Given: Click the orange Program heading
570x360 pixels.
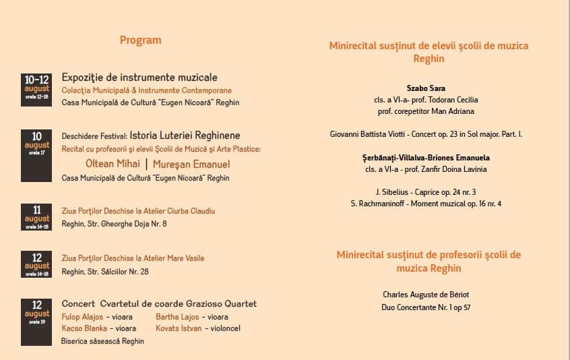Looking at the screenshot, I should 140,40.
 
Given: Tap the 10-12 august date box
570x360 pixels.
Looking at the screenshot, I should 36,89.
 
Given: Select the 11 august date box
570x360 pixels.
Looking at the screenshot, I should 36,218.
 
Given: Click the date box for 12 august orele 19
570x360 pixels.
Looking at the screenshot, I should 36,322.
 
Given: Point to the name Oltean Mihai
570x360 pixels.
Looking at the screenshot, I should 113,164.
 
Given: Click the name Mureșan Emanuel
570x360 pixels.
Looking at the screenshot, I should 191,164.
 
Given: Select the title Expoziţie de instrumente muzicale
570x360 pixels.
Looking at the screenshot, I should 139,78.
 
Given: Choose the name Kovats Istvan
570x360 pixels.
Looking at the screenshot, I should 177,328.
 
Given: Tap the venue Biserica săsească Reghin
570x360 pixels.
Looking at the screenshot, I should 102,341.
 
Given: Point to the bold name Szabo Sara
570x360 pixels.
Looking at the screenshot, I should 426,88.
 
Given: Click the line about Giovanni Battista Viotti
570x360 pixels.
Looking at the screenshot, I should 426,134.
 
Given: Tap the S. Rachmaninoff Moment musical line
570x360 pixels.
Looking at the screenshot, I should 426,204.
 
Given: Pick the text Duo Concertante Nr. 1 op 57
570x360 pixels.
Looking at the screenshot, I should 426,307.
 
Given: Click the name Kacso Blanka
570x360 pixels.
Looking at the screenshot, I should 84,328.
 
